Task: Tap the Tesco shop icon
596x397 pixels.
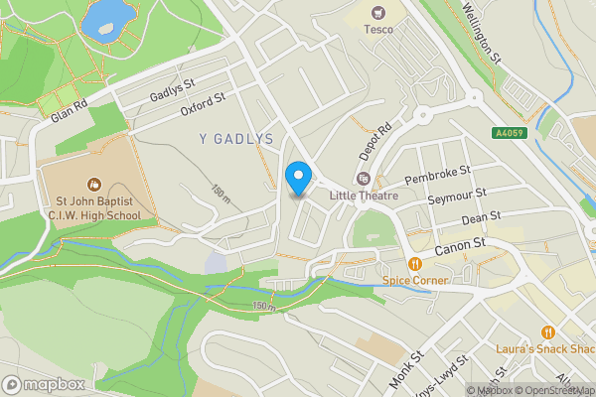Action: [x=377, y=13]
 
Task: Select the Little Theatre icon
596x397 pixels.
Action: [x=363, y=179]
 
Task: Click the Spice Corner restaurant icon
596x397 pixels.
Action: [x=415, y=263]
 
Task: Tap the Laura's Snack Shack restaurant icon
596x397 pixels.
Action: [x=547, y=331]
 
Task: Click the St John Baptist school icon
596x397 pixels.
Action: [x=94, y=184]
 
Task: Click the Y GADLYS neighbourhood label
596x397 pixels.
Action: [x=236, y=140]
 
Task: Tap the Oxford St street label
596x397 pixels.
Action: [x=203, y=105]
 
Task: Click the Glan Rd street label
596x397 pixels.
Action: [x=69, y=108]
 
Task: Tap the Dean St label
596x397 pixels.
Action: [x=481, y=218]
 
